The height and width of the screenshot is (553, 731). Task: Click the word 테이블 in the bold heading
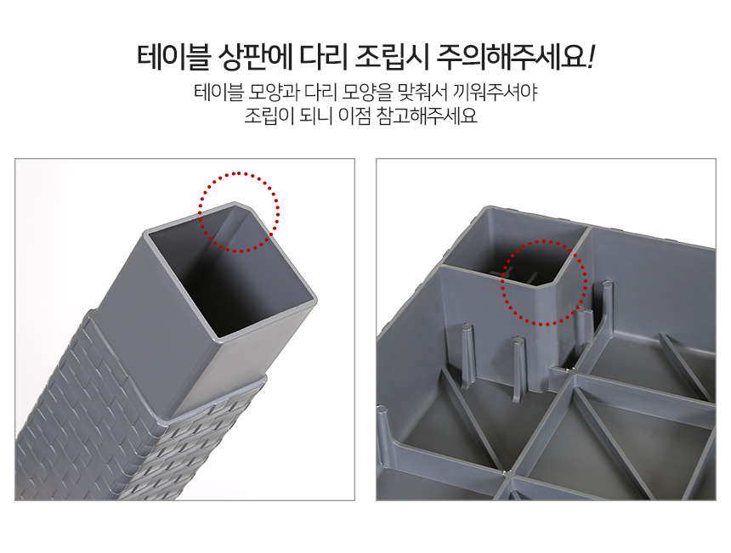(x=173, y=57)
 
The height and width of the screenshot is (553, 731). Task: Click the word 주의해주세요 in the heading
(x=511, y=57)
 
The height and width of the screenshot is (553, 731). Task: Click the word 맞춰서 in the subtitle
(x=422, y=93)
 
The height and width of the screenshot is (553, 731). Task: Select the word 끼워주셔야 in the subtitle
(x=495, y=93)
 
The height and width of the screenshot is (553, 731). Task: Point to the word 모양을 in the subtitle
(x=367, y=93)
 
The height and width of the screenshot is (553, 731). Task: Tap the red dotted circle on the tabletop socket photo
(x=544, y=241)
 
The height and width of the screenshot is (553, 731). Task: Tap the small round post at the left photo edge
(x=382, y=410)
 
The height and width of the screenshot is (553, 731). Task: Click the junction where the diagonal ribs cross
(x=507, y=474)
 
